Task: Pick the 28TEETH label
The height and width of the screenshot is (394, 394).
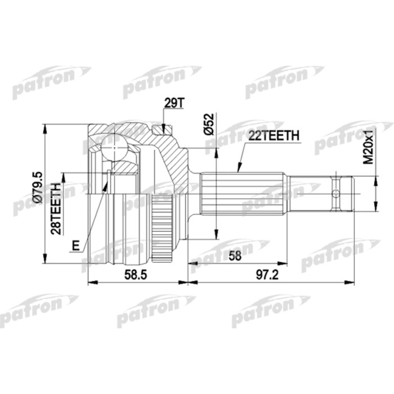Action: (56, 205)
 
